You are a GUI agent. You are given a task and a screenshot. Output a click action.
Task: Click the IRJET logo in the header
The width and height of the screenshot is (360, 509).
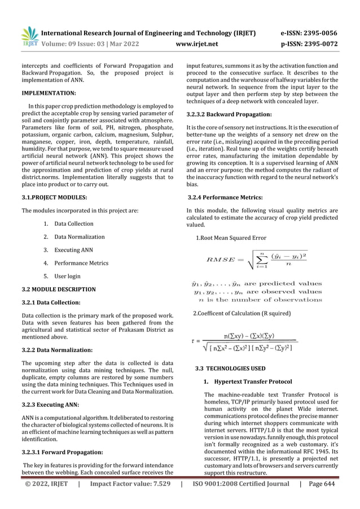click(x=29, y=35)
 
